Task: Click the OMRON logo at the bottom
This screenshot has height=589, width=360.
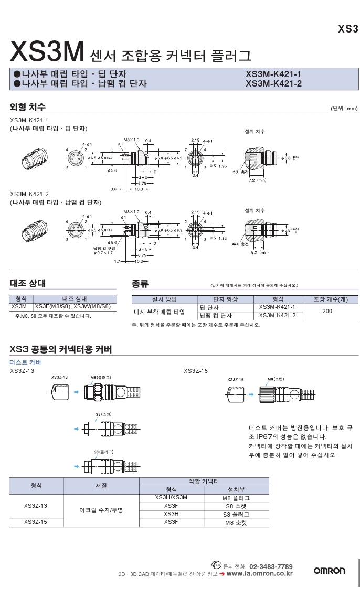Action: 329,571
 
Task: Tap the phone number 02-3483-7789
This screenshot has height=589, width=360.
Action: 271,566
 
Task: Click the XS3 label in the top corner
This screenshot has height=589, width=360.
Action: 347,29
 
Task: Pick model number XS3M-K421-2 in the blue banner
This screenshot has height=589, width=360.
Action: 273,83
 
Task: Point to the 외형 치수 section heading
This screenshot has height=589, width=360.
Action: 28,108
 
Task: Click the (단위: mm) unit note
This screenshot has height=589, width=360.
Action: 344,109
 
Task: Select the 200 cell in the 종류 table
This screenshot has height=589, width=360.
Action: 327,311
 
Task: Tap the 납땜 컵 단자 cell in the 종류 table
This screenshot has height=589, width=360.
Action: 216,316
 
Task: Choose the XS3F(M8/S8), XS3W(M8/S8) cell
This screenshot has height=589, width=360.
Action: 73,306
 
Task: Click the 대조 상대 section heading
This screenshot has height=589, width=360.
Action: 28,283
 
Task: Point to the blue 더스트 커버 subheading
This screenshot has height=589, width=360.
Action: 25,362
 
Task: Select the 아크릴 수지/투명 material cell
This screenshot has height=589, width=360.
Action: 101,510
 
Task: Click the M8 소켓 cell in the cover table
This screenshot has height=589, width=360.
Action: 236,522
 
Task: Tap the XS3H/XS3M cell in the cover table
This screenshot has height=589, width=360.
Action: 171,497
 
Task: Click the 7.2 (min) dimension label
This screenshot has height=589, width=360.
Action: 258,180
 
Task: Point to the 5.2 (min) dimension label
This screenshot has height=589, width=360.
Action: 258,252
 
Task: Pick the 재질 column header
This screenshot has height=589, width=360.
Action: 101,486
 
